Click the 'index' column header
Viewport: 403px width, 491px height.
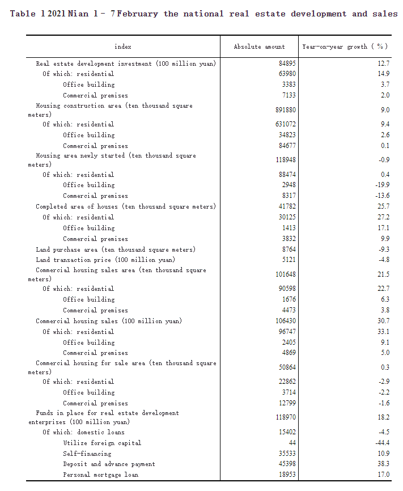(122, 46)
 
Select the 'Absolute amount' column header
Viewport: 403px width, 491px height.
(259, 46)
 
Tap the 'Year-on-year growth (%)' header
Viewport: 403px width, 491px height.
(345, 46)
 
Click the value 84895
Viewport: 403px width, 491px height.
(286, 64)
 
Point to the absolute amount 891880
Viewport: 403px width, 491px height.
(284, 110)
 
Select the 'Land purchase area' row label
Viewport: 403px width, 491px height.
(116, 249)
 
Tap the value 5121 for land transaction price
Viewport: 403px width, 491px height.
(288, 260)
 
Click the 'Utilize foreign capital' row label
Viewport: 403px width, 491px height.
(102, 443)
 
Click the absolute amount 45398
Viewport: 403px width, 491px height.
(286, 464)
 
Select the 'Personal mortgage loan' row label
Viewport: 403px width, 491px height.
(100, 475)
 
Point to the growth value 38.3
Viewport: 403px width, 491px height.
(384, 464)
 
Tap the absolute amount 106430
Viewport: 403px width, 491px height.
(284, 321)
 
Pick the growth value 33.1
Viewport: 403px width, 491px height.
(384, 332)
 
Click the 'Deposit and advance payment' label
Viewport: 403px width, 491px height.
(109, 464)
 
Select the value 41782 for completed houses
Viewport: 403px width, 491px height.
(286, 206)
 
